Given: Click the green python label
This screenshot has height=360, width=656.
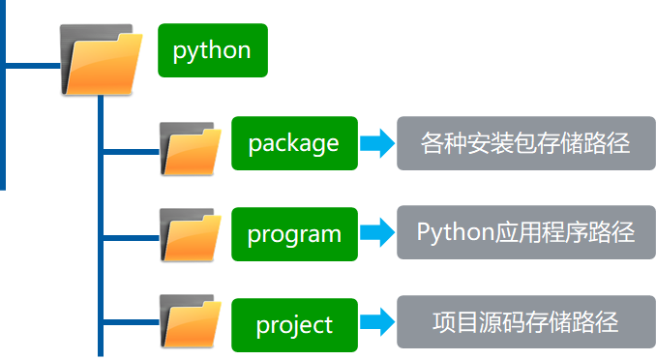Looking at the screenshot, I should (212, 50).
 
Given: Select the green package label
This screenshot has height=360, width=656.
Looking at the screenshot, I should (294, 143).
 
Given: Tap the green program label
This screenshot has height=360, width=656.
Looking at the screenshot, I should (294, 233).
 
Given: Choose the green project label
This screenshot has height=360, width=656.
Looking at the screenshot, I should (294, 324).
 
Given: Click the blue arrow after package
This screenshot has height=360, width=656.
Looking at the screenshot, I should (377, 143).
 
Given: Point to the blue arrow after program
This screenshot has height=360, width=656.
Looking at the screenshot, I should (377, 233).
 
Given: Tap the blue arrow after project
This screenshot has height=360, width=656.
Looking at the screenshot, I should (377, 323).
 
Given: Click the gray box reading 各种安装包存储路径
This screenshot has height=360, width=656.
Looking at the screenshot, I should (525, 143).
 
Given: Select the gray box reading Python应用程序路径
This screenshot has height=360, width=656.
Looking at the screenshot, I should (525, 233).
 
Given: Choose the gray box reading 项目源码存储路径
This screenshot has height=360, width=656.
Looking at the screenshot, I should (525, 322).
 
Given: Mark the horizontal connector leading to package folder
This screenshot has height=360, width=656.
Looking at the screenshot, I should (131, 151).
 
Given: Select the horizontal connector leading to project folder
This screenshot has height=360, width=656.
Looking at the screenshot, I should (131, 322).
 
